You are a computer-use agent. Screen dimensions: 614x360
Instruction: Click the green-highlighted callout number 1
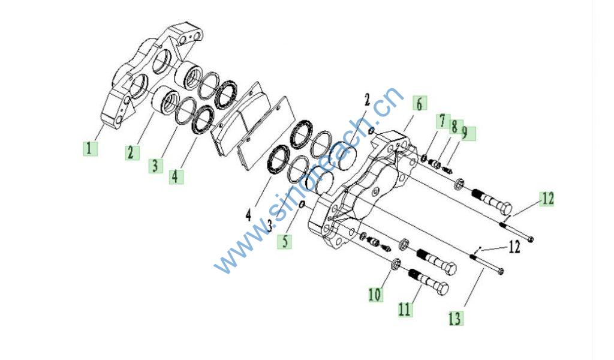tap(90, 148)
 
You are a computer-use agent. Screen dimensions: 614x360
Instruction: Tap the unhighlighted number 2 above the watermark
tap(366, 100)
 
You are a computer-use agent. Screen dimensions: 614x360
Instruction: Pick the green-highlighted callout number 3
tap(155, 166)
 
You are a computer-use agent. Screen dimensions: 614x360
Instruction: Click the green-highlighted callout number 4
tap(176, 176)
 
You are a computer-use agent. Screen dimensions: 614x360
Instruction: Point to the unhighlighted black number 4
tap(248, 215)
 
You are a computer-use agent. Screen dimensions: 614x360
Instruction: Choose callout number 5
tap(284, 241)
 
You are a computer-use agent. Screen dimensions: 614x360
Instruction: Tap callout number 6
tap(419, 104)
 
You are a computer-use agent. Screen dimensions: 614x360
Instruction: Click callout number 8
tap(455, 127)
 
